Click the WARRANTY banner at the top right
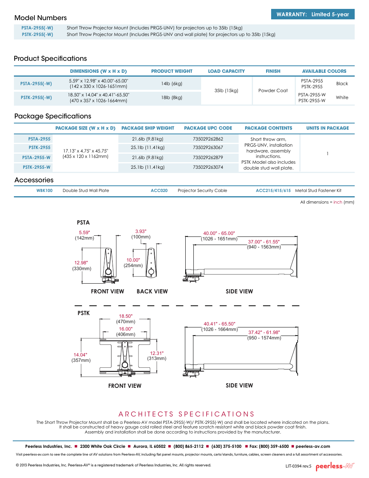coord(313,14)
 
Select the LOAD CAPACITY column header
coord(226,71)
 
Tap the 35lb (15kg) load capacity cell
coord(226,91)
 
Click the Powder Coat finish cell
coord(273,91)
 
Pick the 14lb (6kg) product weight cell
coord(172,84)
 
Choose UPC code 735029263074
coord(208,167)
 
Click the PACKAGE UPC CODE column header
coord(208,128)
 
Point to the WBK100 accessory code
coord(44,190)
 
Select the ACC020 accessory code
coord(159,190)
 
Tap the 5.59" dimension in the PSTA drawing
coord(84,233)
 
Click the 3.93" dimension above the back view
coord(141,231)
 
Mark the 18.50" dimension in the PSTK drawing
coord(126,316)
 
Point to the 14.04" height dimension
coord(80,355)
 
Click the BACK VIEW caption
coord(152,291)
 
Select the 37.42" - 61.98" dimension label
coord(264,332)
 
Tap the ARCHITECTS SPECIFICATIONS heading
coord(186,414)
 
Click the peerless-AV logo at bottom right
coord(335,466)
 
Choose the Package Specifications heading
coord(53,116)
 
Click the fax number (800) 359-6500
coord(273,446)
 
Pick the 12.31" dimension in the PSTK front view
coord(157,353)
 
